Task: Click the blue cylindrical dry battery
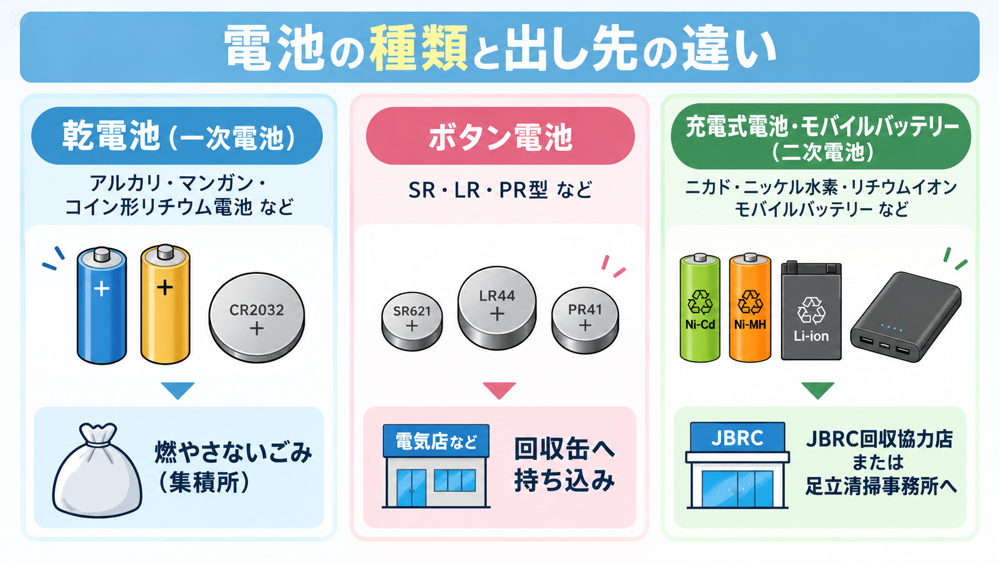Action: pos(102,306)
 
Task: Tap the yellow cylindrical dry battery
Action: pos(166,305)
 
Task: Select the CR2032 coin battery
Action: pos(257,317)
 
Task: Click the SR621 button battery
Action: pos(412,321)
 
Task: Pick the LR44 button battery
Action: pos(497,308)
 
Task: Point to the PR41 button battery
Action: pos(585,321)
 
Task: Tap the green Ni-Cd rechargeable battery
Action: pos(700,308)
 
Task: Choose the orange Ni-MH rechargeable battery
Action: pos(750,308)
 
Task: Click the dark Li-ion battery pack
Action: pos(811,311)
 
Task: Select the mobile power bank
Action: pos(905,317)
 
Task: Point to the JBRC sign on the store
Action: pos(737,437)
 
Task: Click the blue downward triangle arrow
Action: pos(178,389)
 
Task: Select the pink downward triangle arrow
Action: pos(499,389)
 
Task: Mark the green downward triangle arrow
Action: pos(818,389)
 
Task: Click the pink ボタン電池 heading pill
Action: pos(500,136)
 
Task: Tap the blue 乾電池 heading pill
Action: pos(177,136)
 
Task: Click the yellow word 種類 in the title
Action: pos(418,48)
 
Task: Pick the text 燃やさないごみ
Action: pos(233,452)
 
